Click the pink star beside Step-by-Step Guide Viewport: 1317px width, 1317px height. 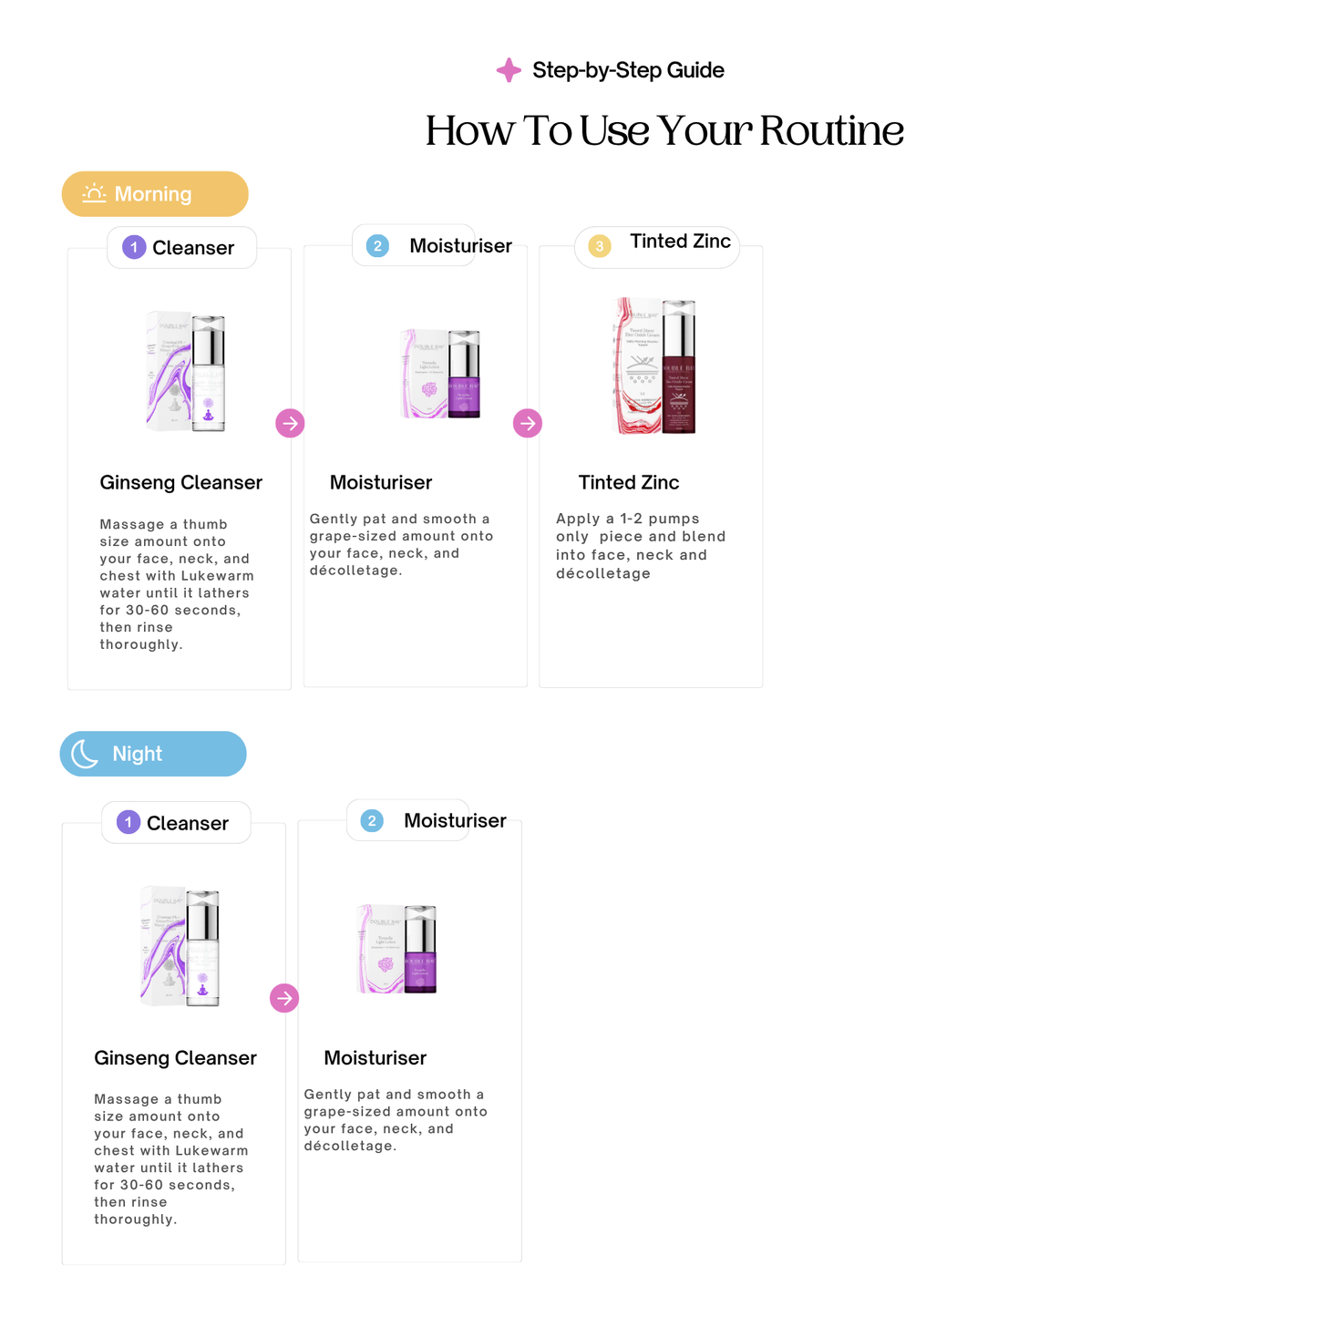[x=509, y=70]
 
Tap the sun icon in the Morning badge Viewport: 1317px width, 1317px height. [x=94, y=193]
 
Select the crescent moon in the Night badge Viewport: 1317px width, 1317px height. [x=85, y=754]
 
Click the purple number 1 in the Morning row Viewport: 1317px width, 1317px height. [x=134, y=247]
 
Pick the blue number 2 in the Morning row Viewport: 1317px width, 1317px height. [x=377, y=245]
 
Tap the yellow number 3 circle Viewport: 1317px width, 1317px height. [x=599, y=246]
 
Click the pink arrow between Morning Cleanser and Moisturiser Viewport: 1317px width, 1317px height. [x=290, y=423]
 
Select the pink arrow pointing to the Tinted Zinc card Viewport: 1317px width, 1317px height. [x=528, y=423]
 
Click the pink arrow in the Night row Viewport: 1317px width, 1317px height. [x=284, y=998]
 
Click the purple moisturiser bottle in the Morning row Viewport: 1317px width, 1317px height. [x=464, y=376]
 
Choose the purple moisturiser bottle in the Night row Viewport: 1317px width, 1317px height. [x=420, y=951]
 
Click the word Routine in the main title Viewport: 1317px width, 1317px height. [x=830, y=130]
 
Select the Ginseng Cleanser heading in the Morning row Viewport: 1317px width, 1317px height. [x=180, y=482]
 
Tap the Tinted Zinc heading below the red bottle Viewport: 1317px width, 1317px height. [x=628, y=482]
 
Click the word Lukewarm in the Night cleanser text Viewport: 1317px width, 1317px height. [x=211, y=1150]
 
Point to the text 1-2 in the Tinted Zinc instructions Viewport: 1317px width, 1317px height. [x=631, y=519]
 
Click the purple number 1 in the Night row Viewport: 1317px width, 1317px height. [x=129, y=822]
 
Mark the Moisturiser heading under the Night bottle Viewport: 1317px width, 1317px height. [x=375, y=1057]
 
